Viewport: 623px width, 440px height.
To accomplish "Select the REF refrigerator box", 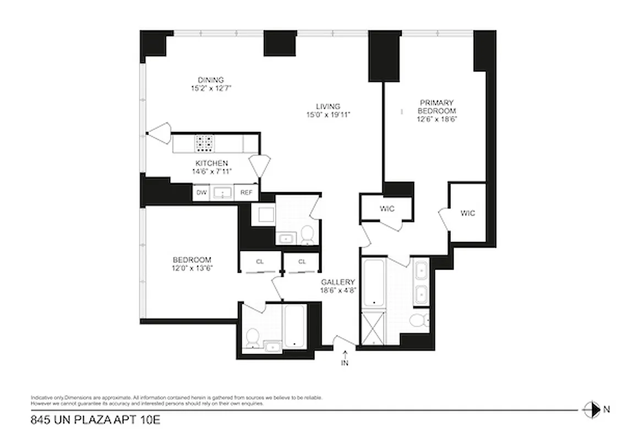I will pyautogui.click(x=245, y=193).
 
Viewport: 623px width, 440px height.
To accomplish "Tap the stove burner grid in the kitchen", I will pyautogui.click(x=204, y=144).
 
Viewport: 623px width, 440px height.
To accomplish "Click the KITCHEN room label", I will pyautogui.click(x=212, y=163).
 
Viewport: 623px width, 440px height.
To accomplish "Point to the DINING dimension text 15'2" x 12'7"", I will pyautogui.click(x=211, y=88).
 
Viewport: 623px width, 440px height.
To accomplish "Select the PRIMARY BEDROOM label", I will pyautogui.click(x=437, y=106).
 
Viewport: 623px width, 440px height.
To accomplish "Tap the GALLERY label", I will pyautogui.click(x=338, y=282).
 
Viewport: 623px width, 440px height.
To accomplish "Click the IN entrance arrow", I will pyautogui.click(x=345, y=358).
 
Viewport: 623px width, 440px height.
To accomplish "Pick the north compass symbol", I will pyautogui.click(x=591, y=409).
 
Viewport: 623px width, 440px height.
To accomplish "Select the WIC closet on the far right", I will pyautogui.click(x=467, y=213).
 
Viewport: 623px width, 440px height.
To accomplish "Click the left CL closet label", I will pyautogui.click(x=260, y=262).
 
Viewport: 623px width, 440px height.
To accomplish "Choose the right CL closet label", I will pyautogui.click(x=302, y=262).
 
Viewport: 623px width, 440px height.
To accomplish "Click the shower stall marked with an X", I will pyautogui.click(x=373, y=328).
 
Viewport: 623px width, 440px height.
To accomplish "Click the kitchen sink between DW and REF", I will pyautogui.click(x=223, y=193).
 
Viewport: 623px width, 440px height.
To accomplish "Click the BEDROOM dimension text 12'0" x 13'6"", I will pyautogui.click(x=192, y=268).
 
